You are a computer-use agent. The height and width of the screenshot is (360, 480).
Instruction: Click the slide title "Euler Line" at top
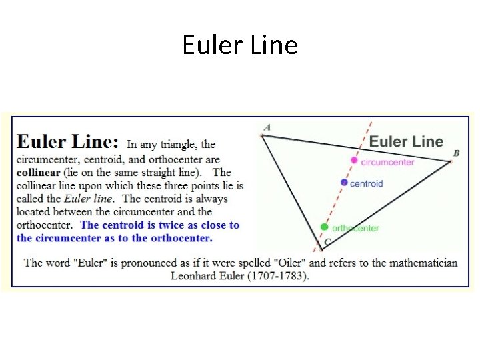240,45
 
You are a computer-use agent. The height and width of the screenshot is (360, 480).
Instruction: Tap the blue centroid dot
344,182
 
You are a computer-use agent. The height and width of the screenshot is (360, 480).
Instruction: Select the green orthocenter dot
325,227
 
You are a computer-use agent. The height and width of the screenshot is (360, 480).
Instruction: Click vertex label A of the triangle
267,127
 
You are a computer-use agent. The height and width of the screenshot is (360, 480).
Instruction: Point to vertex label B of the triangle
456,153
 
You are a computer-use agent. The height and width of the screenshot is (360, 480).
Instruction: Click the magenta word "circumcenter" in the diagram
387,162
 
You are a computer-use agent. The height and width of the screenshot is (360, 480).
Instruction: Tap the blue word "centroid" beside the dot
366,183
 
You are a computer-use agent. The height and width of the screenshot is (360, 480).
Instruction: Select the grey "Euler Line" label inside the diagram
406,141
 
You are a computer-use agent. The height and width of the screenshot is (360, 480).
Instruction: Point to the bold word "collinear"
39,173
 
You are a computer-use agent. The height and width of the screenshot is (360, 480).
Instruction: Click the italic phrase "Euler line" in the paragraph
89,199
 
